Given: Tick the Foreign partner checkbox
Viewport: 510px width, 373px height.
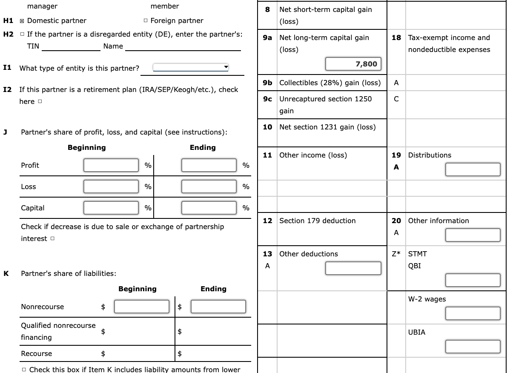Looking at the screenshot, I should click(146, 21).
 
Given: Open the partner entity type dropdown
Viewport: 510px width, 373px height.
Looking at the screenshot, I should click(191, 68).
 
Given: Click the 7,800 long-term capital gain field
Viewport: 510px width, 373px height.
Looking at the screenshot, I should click(353, 64).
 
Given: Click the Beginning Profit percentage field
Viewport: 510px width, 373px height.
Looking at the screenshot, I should click(111, 165).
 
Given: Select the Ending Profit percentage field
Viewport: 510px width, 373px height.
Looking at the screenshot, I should click(209, 165).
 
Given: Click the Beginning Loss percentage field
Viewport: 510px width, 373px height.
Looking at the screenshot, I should click(111, 186).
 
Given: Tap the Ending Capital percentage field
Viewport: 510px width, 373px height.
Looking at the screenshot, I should click(209, 208).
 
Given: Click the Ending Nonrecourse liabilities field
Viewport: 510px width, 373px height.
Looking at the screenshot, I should click(218, 307).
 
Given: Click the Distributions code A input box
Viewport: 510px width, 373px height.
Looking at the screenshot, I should click(473, 169).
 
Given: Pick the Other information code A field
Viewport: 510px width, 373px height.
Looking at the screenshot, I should click(473, 235).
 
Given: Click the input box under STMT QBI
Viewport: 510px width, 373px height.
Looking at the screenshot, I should click(473, 280).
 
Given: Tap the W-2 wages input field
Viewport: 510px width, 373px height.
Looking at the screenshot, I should click(473, 313).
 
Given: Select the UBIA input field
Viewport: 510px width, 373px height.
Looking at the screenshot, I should click(473, 347).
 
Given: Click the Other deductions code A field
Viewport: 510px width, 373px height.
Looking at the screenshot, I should click(353, 268).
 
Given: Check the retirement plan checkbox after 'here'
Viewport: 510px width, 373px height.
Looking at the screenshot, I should click(40, 102).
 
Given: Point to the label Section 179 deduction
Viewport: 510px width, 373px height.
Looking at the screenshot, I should click(317, 221).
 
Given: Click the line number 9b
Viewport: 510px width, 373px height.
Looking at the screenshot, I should click(267, 83).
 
